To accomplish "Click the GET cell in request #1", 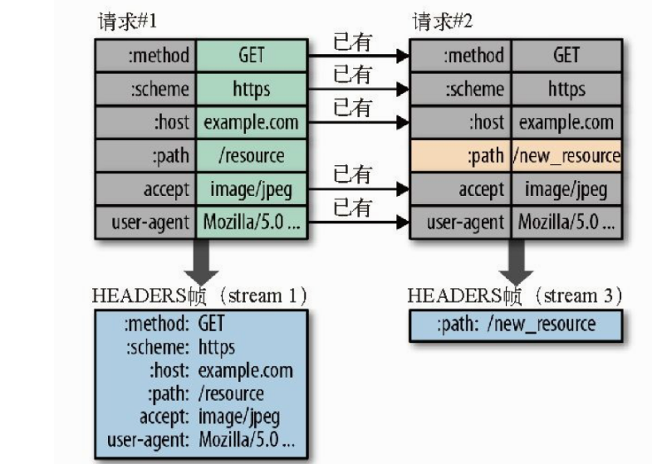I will (x=251, y=56).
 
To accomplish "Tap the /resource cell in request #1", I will (x=251, y=156).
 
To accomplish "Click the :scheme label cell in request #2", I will (x=463, y=89).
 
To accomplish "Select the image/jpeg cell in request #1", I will (x=251, y=189).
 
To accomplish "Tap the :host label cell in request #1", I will (x=145, y=123).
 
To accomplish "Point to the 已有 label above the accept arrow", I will (x=352, y=174).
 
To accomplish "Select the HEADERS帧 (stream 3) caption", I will (x=515, y=295).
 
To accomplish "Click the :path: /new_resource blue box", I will (x=516, y=324).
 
